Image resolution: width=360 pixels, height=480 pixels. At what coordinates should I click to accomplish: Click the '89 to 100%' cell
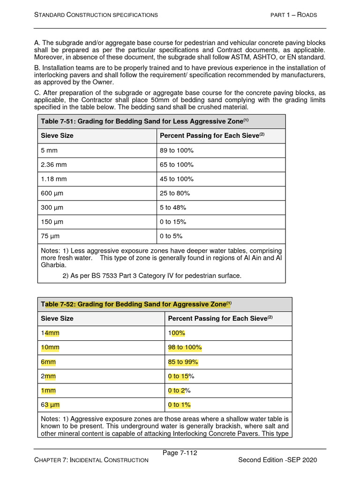pos(177,150)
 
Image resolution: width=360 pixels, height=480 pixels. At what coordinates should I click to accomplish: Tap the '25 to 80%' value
pos(175,193)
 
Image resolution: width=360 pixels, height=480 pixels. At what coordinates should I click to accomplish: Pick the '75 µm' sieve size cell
pos(51,236)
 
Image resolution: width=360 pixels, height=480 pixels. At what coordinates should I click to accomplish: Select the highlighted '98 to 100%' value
pos(185,347)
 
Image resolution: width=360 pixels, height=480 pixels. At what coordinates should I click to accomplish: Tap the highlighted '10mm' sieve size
pos(51,347)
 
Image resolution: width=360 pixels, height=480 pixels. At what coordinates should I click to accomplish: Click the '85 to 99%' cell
pos(183,362)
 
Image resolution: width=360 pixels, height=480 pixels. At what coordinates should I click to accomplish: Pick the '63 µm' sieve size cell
pos(51,405)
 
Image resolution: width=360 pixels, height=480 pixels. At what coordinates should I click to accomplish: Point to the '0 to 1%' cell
pos(179,405)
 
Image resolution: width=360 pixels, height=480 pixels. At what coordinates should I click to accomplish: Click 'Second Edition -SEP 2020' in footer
pos(277,460)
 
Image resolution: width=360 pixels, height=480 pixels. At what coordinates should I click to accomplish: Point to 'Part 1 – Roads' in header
pos(294,15)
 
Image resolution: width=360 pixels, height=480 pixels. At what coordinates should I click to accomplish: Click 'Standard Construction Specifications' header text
pos(96,15)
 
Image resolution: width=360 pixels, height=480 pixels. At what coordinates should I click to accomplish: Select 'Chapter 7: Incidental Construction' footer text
pos(91,460)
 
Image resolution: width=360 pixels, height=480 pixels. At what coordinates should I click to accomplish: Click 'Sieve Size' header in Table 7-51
pos(57,135)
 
